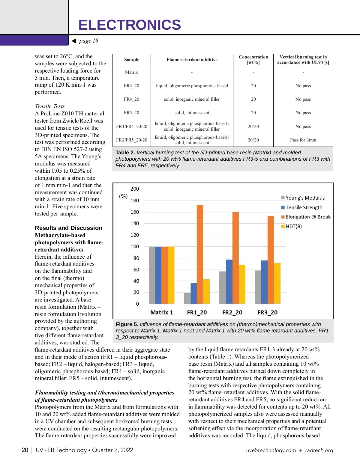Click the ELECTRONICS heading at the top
[x=130, y=25]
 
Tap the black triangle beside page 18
[x=74, y=41]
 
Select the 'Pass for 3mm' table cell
[x=303, y=140]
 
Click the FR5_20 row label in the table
[x=131, y=113]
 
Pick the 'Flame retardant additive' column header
[x=192, y=60]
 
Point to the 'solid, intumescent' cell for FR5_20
[x=192, y=113]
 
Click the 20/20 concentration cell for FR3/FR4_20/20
[x=253, y=126]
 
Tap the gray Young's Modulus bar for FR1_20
[x=187, y=298]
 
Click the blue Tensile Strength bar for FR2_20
[x=229, y=281]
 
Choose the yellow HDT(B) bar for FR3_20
[x=277, y=283]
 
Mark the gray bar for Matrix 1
[x=152, y=275]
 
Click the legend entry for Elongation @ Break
[x=306, y=217]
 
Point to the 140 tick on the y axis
[x=135, y=224]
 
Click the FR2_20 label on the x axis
[x=232, y=313]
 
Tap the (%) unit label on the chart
[x=123, y=196]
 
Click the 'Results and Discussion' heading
[x=68, y=228]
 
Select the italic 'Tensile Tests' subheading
[x=50, y=106]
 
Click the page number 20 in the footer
[x=25, y=450]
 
